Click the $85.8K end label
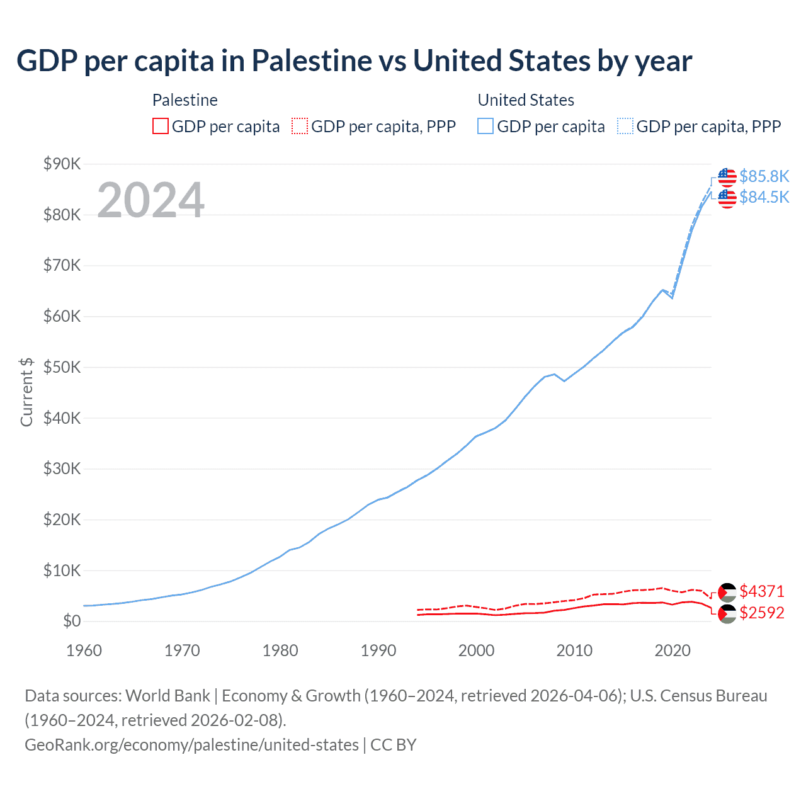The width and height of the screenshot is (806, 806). click(x=764, y=176)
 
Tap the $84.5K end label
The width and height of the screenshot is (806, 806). click(x=764, y=198)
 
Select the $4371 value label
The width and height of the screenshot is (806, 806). click(x=762, y=591)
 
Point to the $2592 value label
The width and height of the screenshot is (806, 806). click(x=762, y=613)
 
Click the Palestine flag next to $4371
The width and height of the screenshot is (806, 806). click(x=727, y=592)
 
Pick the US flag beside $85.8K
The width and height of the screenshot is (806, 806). click(x=727, y=178)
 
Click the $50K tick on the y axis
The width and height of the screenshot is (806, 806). click(x=62, y=367)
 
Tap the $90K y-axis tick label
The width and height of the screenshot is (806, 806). click(x=62, y=164)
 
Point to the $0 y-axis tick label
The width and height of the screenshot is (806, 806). click(x=72, y=622)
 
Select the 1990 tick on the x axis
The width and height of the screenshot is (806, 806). click(x=378, y=650)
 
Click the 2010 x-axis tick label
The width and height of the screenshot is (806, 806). click(x=574, y=650)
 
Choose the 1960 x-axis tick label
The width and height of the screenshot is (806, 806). click(x=84, y=650)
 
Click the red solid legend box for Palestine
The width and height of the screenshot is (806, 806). click(x=161, y=127)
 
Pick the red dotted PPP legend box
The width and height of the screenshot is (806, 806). click(x=300, y=127)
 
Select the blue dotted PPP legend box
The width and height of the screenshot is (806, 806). click(x=625, y=127)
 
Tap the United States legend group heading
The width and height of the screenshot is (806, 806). click(x=526, y=100)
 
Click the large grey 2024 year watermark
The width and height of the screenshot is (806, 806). click(x=150, y=200)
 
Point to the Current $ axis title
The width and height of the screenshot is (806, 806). click(x=26, y=392)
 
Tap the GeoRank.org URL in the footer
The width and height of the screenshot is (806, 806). click(x=191, y=745)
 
